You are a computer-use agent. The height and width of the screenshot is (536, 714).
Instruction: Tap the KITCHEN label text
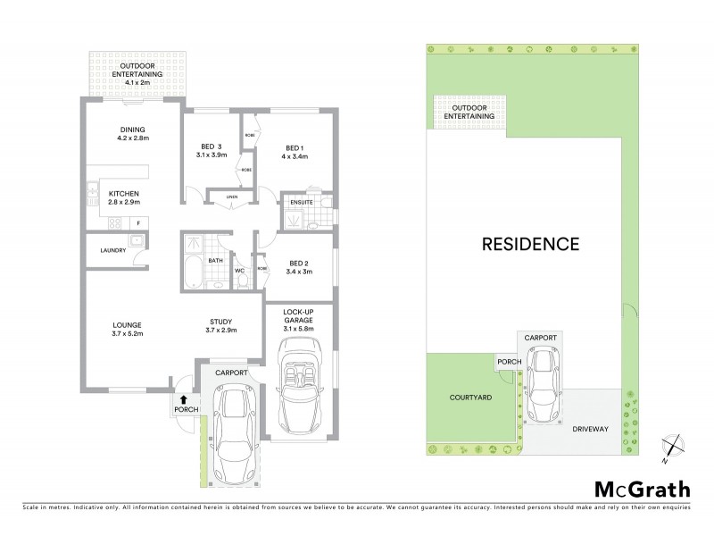pyautogui.click(x=124, y=193)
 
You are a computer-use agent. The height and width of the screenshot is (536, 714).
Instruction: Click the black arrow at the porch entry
pyautogui.click(x=184, y=400)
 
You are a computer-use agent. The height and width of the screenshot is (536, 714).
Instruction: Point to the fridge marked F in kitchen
pyautogui.click(x=138, y=222)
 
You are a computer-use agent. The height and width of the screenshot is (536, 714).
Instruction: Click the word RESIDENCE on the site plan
pyautogui.click(x=531, y=243)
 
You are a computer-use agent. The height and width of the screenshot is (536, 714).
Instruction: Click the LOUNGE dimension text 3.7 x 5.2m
pyautogui.click(x=129, y=333)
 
